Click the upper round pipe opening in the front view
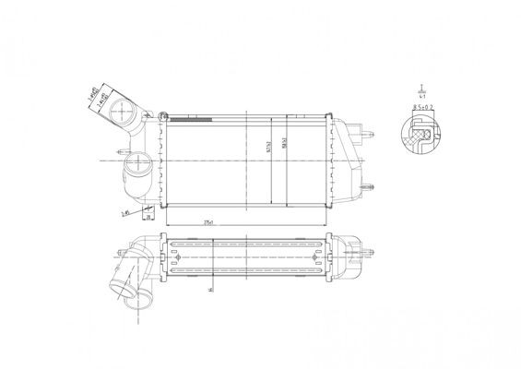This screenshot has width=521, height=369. [120, 115]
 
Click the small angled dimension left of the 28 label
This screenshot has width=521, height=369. [124, 212]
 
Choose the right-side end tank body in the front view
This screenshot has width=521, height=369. [345, 163]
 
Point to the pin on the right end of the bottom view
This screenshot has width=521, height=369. [371, 247]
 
